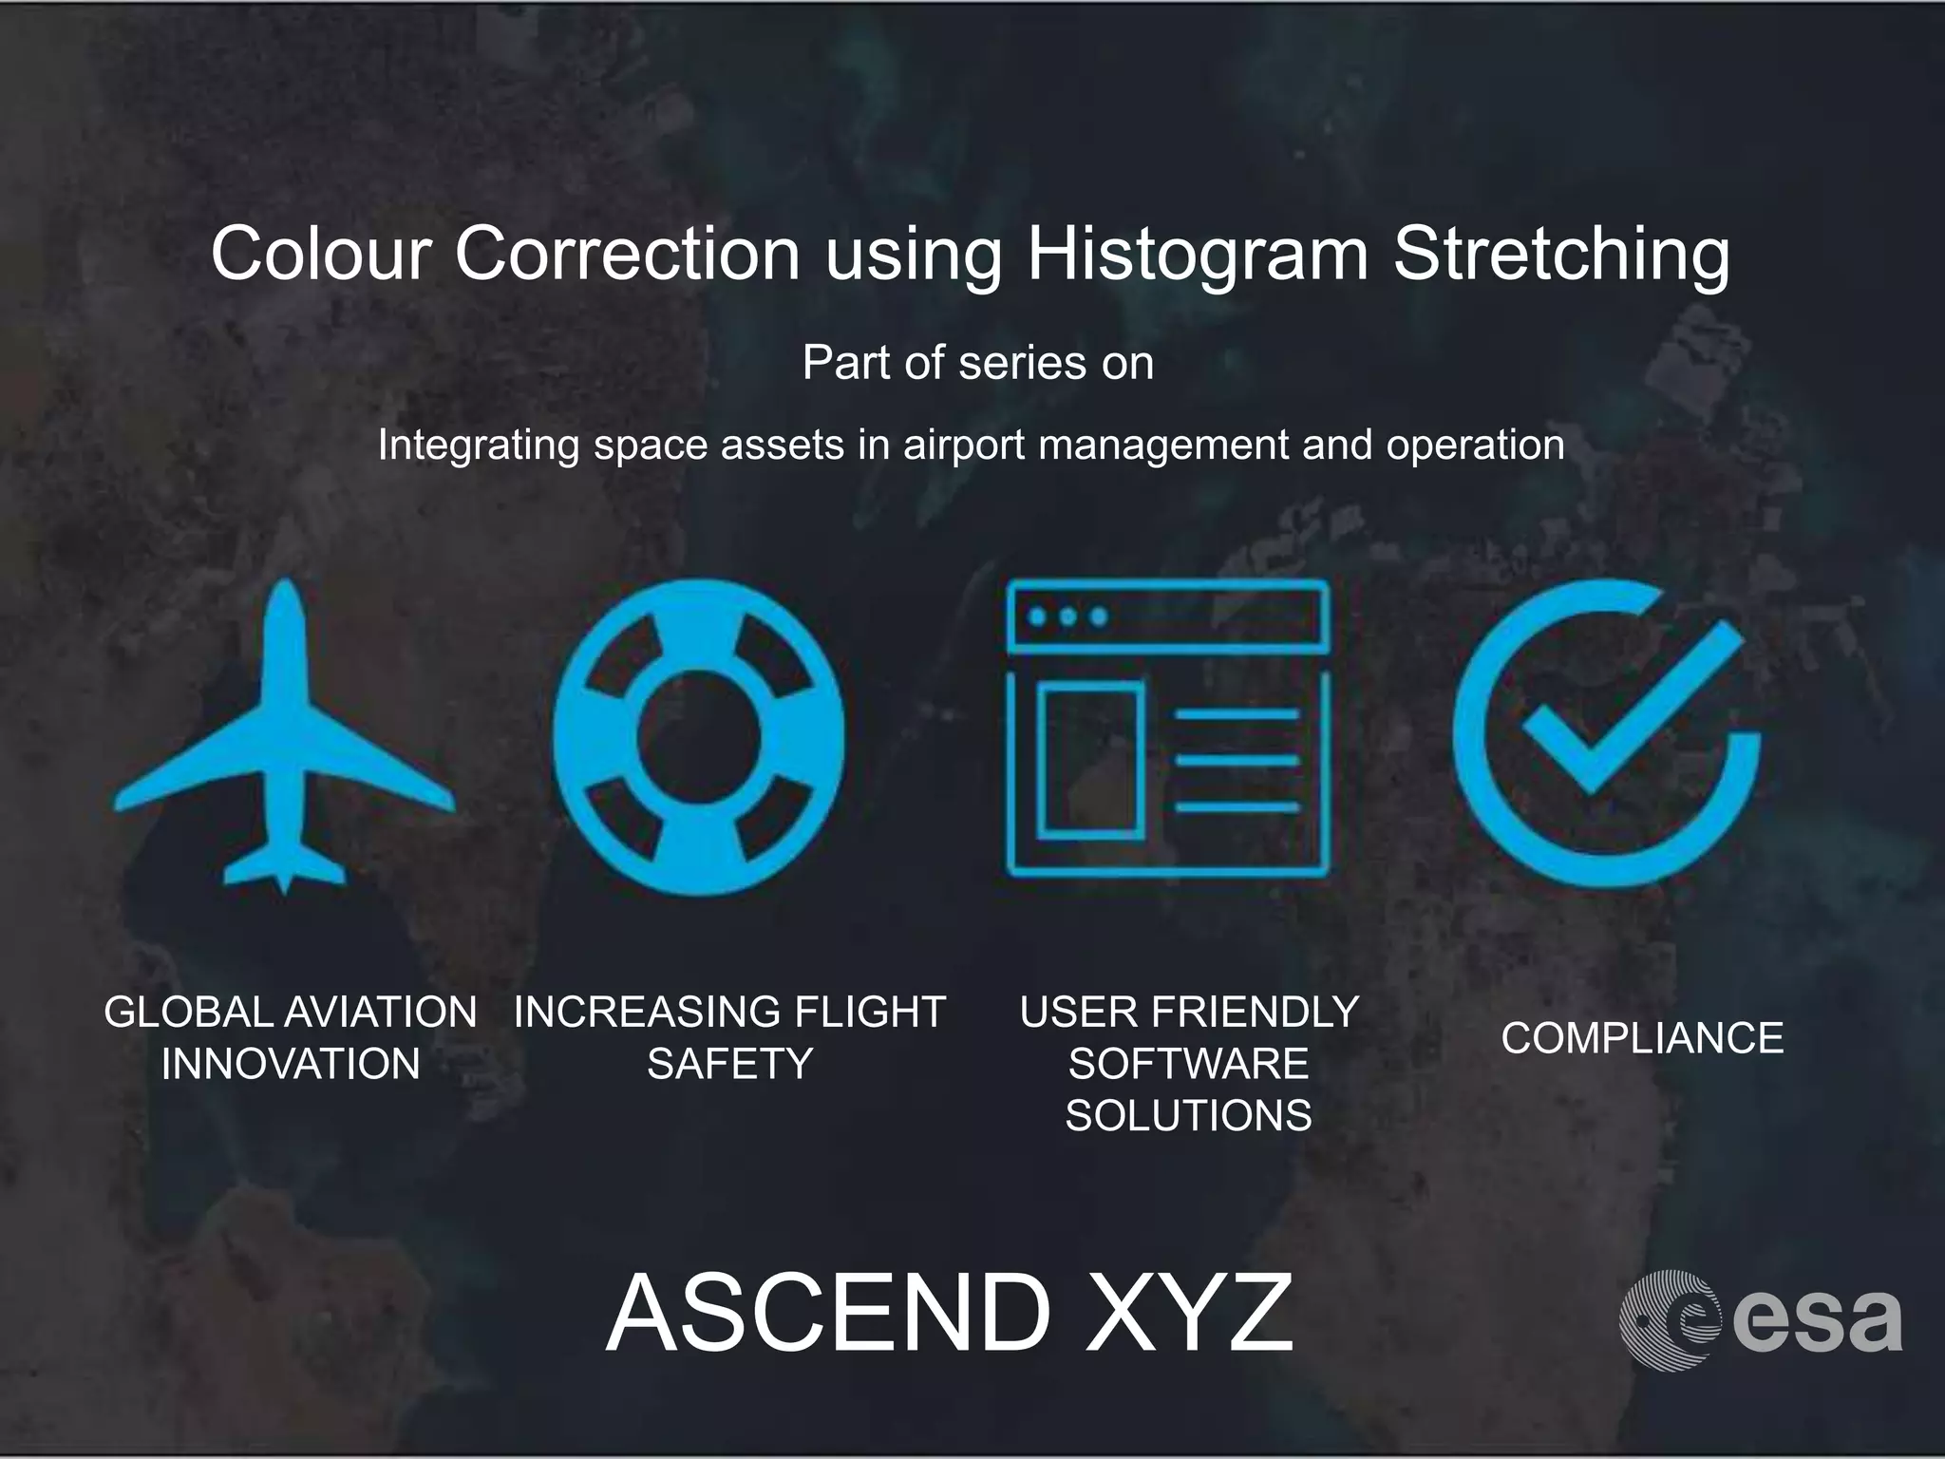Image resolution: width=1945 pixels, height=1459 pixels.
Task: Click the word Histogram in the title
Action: click(1198, 254)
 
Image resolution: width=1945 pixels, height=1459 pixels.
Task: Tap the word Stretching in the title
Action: click(1561, 254)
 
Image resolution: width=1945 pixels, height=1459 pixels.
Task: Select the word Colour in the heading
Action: click(321, 254)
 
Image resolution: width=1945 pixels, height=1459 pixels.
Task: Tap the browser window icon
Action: click(1167, 728)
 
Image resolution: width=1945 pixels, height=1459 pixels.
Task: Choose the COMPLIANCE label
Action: click(1642, 1037)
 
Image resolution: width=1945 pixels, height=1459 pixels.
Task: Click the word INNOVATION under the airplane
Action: click(291, 1064)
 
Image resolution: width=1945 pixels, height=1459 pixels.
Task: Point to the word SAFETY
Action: click(729, 1064)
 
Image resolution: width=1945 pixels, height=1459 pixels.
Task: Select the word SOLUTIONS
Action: click(1188, 1115)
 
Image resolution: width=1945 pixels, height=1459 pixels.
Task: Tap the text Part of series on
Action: click(977, 363)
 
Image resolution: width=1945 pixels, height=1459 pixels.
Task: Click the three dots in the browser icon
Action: click(1067, 616)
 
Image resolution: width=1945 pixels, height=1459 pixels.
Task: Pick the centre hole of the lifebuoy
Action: click(698, 737)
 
